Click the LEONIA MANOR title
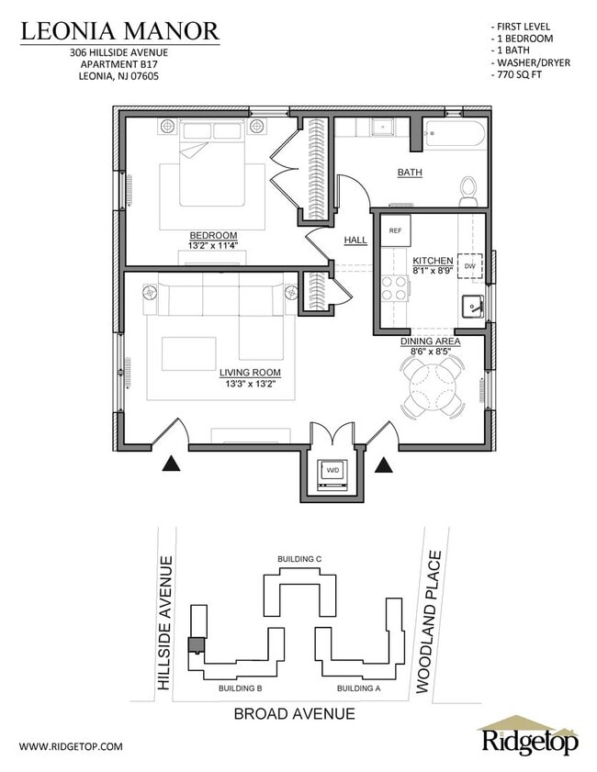[120, 31]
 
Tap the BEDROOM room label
[213, 235]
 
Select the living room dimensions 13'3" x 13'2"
[249, 385]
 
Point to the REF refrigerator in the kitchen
[395, 230]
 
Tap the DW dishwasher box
[469, 265]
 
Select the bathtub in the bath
[454, 138]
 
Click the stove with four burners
[395, 288]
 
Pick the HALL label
[355, 241]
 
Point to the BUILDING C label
[299, 558]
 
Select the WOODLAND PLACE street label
[429, 621]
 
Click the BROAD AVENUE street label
[294, 713]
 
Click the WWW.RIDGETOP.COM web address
[71, 746]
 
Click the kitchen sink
[473, 307]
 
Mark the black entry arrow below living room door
[171, 464]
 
